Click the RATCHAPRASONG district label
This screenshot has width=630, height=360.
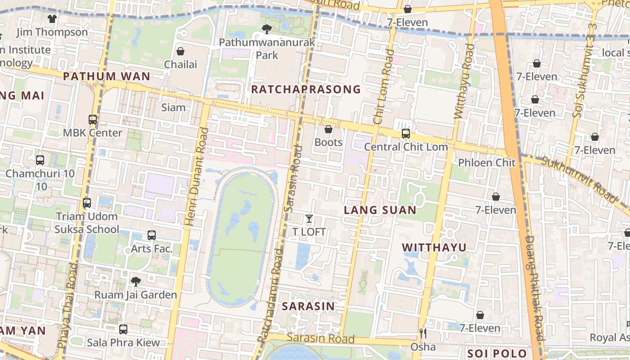click(306, 89)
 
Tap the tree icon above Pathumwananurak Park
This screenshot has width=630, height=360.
click(267, 30)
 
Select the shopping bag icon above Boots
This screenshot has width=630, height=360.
click(328, 130)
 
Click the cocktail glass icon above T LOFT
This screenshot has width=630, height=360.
click(309, 219)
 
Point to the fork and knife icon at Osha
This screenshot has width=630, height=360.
click(423, 333)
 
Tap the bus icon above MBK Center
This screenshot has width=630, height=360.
click(93, 120)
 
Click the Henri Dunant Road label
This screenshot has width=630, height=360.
click(197, 176)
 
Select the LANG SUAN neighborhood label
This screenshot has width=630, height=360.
click(380, 210)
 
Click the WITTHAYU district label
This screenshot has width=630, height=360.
click(434, 247)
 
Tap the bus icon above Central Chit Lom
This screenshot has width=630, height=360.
click(405, 134)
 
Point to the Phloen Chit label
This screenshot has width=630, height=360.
click(486, 162)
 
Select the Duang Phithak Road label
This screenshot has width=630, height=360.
click(535, 288)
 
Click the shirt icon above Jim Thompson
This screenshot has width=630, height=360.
click(52, 19)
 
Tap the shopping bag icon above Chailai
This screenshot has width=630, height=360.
click(180, 51)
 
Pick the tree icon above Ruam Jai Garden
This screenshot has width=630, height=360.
click(135, 282)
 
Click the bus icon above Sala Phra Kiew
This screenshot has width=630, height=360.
click(123, 329)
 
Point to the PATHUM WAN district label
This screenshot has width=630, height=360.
click(107, 76)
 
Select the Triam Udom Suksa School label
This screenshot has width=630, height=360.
click(87, 223)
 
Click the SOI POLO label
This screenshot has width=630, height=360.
click(496, 353)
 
